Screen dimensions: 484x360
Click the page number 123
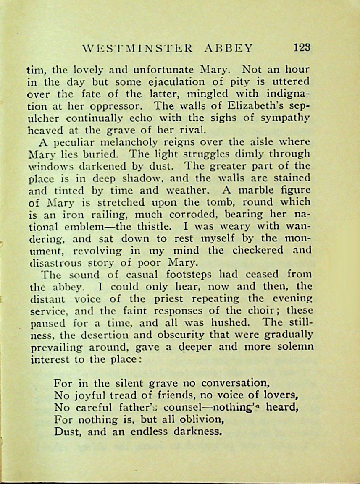302,47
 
